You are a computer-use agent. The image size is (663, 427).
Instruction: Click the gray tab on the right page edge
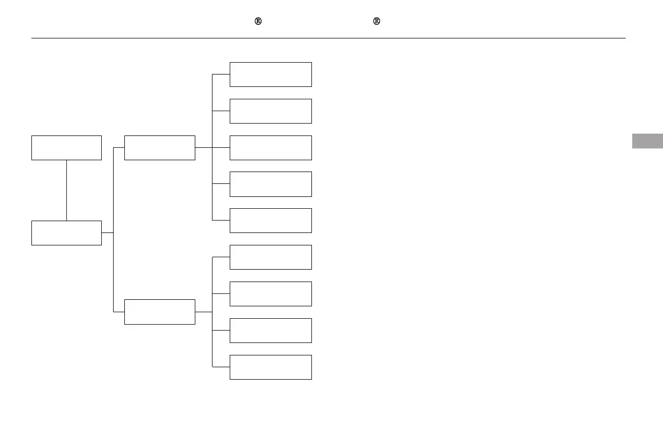click(647, 141)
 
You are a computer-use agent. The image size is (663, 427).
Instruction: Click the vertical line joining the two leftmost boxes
click(66, 190)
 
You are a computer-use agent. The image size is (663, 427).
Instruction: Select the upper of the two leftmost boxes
click(66, 148)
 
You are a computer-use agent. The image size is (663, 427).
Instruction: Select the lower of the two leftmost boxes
click(66, 233)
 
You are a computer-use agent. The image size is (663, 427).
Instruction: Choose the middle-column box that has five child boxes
click(159, 147)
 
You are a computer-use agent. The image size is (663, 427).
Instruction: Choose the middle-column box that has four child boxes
click(159, 312)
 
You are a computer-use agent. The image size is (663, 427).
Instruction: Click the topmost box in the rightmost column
click(271, 75)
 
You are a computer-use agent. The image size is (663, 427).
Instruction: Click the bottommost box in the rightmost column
click(271, 367)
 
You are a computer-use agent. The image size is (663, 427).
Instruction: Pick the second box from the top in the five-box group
click(271, 111)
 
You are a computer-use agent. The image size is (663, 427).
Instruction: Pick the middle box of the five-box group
click(271, 148)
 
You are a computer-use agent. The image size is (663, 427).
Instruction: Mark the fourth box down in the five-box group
click(271, 184)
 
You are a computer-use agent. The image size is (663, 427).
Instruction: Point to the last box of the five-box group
click(271, 221)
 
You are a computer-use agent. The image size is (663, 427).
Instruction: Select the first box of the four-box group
click(271, 257)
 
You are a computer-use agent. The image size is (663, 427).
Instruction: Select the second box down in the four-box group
click(271, 294)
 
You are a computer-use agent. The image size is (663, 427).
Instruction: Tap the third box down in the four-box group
click(271, 331)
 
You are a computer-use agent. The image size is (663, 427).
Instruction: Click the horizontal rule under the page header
click(329, 38)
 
